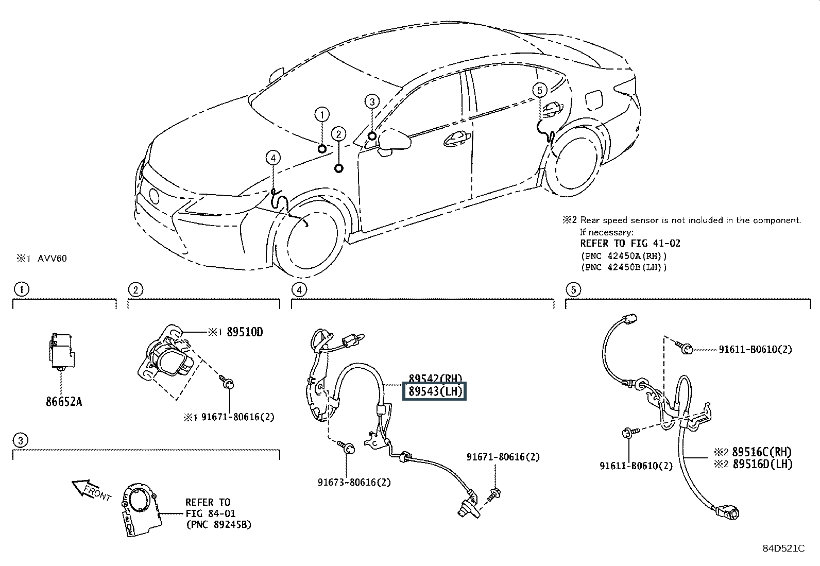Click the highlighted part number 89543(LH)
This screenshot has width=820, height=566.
[435, 392]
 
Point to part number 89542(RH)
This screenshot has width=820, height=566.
[435, 378]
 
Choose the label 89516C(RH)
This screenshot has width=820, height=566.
[761, 452]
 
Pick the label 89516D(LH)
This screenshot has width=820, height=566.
[761, 464]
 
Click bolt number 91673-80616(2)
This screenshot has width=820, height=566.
[354, 482]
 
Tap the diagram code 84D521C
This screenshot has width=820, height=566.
[783, 548]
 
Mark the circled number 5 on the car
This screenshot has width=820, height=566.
[539, 91]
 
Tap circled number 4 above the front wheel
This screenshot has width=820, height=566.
[273, 157]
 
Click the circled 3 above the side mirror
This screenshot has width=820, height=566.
[372, 101]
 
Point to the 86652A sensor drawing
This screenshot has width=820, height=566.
[61, 351]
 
